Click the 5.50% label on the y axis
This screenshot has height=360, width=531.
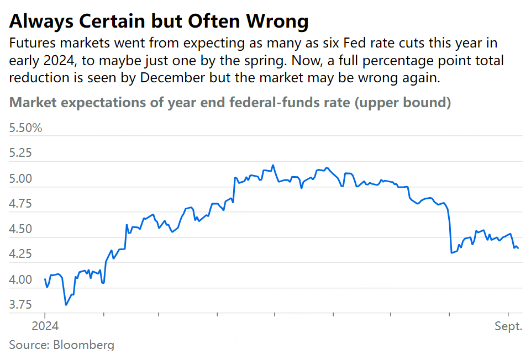[x=26, y=129]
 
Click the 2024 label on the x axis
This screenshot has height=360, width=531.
[x=45, y=326]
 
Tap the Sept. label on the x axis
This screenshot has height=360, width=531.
[x=508, y=326]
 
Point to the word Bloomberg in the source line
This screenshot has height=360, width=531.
[x=84, y=345]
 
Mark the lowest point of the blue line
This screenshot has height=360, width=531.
[x=66, y=305]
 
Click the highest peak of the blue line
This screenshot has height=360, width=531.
[x=274, y=165]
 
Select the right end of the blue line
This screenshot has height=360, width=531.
[x=518, y=248]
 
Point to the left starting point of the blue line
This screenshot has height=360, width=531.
[x=45, y=279]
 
